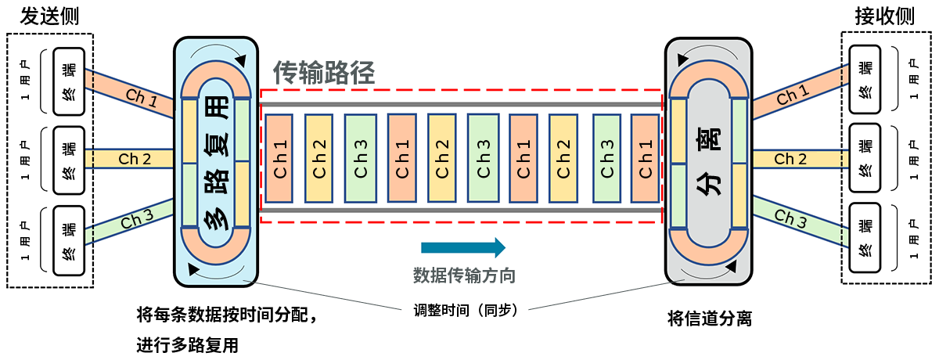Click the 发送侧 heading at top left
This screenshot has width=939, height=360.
pyautogui.click(x=49, y=16)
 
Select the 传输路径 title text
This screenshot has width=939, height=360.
pyautogui.click(x=324, y=73)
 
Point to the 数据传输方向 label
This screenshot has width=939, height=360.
pyautogui.click(x=464, y=275)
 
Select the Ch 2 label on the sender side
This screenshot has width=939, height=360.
pyautogui.click(x=135, y=159)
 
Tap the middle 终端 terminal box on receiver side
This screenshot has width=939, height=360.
pyautogui.click(x=865, y=160)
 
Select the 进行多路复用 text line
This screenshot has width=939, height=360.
pyautogui.click(x=187, y=345)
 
